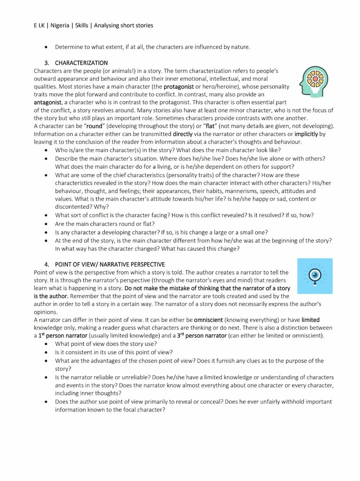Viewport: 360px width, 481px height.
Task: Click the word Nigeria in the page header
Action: tap(60, 25)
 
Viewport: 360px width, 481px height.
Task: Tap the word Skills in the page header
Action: tap(82, 25)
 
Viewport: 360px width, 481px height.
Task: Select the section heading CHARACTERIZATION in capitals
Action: tap(81, 63)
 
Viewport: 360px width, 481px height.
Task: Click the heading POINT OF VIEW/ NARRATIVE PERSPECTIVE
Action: tap(110, 264)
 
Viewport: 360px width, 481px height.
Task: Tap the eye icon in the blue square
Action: tap(315, 276)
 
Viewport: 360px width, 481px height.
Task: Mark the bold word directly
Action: tap(183, 134)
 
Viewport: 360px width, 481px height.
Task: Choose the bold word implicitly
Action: tap(306, 134)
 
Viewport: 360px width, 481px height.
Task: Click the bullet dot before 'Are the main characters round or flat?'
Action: tap(46, 224)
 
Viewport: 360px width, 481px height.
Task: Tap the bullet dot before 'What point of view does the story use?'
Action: tap(46, 344)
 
